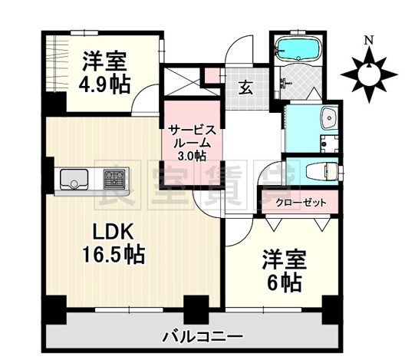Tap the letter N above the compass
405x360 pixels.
click(368, 40)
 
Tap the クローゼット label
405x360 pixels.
click(301, 203)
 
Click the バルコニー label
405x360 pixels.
click(203, 336)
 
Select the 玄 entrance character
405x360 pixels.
click(245, 87)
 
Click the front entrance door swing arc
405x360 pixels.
click(243, 52)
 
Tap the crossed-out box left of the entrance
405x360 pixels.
click(179, 81)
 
